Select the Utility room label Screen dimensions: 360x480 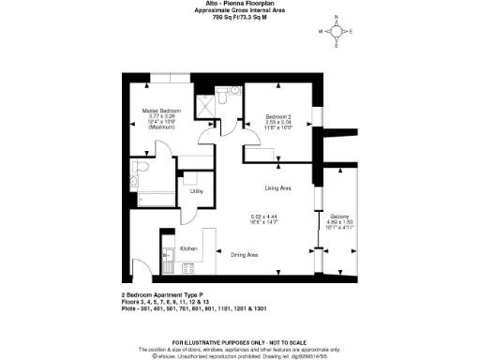coord(197,191)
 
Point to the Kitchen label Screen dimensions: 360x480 coord(187,248)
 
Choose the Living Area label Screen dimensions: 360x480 coord(277,188)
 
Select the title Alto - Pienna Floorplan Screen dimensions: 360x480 coord(239,5)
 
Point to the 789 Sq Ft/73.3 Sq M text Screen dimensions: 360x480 coord(239,17)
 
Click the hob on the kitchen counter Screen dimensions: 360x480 coord(167,253)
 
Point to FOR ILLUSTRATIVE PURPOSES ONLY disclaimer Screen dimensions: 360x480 coord(239,342)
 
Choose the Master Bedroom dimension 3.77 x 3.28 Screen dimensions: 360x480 coord(158,117)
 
